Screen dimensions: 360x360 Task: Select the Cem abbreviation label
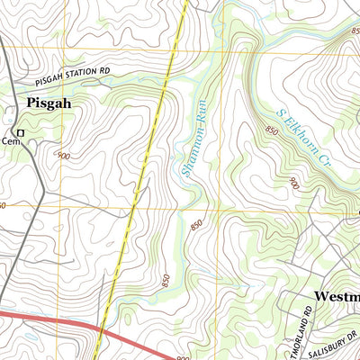coord(10,141)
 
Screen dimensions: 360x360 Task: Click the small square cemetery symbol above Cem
coord(20,132)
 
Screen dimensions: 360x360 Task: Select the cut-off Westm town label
coord(336,296)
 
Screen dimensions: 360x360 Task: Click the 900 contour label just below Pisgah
coord(63,157)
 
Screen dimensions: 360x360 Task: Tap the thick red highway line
coord(54,319)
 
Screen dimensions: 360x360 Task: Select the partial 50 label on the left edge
coord(3,206)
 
